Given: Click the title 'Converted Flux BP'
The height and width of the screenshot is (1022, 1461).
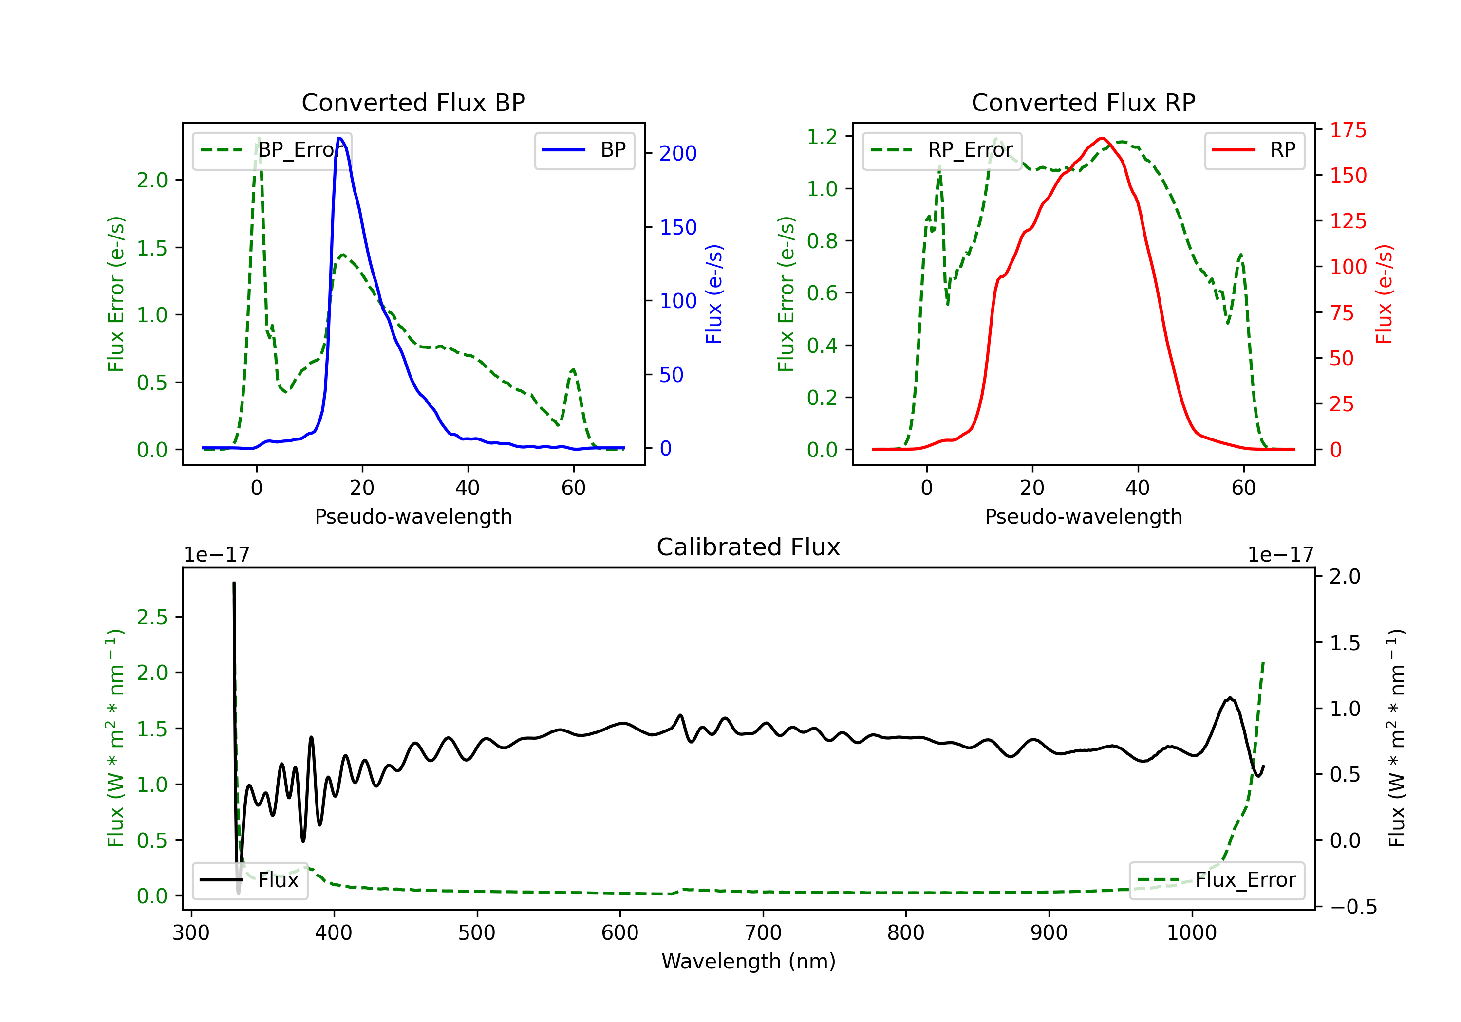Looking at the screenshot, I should point(413,102).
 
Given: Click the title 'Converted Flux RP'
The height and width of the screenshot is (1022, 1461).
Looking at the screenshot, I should point(1083,102).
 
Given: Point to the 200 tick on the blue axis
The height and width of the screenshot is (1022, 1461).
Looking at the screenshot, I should point(678,153).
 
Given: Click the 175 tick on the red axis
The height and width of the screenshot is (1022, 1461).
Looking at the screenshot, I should point(1348,130).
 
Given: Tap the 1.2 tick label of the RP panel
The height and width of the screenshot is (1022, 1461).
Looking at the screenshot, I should point(822,137).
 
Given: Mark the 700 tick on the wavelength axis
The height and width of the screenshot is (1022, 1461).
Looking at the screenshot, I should point(763,933).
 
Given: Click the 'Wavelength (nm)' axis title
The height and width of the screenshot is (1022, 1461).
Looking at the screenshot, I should point(749,961).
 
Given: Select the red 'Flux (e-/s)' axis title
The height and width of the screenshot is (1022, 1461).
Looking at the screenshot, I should point(1384,294).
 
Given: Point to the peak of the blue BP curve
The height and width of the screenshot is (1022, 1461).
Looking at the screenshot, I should point(340,138).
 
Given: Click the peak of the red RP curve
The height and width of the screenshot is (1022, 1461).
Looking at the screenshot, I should point(1102,138).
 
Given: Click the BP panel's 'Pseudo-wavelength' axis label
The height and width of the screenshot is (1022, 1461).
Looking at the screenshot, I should point(413,516).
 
